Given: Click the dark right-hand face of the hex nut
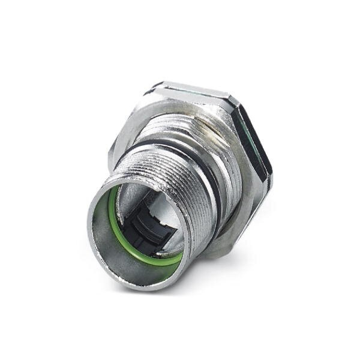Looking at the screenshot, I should coord(255,144).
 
